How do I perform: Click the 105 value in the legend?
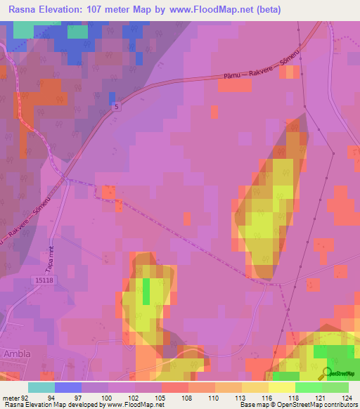(x=162, y=397)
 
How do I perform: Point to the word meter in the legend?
(x=11, y=397)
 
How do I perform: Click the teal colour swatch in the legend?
(x=41, y=387)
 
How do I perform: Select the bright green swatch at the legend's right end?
(x=335, y=387)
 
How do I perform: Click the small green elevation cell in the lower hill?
(x=147, y=291)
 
